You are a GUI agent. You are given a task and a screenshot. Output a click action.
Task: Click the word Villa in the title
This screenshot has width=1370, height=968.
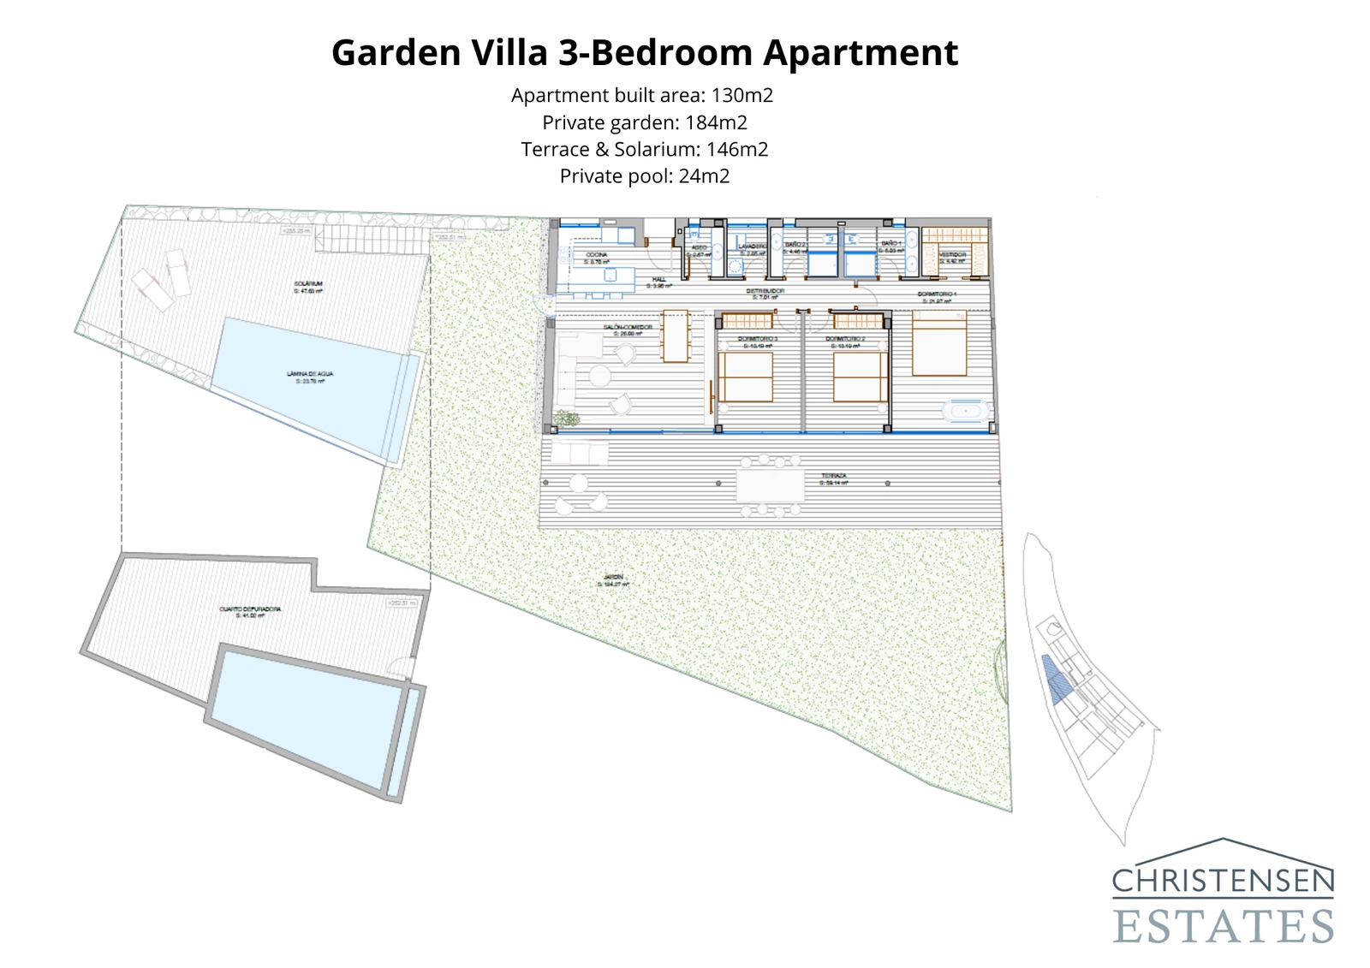(508, 52)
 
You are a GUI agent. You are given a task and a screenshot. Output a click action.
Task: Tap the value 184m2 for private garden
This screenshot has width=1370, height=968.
(716, 122)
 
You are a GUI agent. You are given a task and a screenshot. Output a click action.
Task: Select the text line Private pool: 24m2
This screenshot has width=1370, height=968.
(644, 176)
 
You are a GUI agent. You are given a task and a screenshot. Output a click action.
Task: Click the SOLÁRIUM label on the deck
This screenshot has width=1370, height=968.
(307, 285)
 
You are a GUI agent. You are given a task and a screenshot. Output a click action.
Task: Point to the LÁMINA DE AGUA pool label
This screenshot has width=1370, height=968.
(310, 376)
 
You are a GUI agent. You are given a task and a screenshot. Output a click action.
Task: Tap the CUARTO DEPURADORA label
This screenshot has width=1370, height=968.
(250, 610)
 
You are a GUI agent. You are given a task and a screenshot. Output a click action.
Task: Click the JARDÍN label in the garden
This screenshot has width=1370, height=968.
(613, 579)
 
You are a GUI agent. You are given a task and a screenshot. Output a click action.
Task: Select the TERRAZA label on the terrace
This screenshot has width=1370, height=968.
(833, 478)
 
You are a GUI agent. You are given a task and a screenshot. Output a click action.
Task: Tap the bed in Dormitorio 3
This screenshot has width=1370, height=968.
(746, 377)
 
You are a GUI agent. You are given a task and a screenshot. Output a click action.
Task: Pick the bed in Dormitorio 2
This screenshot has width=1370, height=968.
(860, 377)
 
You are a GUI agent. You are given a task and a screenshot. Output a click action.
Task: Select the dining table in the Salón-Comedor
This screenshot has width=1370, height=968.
(675, 336)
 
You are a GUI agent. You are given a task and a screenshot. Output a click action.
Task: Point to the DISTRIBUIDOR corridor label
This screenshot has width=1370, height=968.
(765, 293)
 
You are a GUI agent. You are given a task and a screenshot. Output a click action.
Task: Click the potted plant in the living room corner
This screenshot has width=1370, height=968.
(565, 419)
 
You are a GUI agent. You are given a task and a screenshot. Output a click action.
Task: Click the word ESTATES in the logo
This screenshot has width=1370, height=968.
(1224, 926)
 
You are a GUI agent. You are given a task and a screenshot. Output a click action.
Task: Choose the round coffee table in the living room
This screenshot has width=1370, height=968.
(599, 375)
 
